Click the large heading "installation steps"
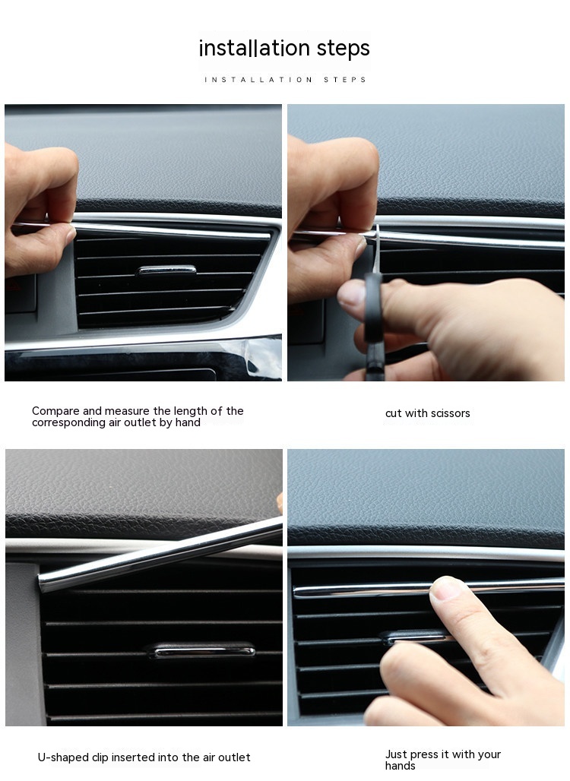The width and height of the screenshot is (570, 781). pyautogui.click(x=284, y=49)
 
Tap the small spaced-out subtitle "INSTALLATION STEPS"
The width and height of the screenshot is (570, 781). pyautogui.click(x=285, y=80)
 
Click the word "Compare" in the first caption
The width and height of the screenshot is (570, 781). pyautogui.click(x=55, y=412)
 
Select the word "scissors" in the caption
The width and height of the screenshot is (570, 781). pyautogui.click(x=449, y=413)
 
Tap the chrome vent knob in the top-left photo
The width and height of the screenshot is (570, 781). pyautogui.click(x=166, y=270)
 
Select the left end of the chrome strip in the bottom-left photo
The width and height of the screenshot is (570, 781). pyautogui.click(x=40, y=583)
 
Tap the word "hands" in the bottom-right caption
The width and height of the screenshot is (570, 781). pyautogui.click(x=400, y=766)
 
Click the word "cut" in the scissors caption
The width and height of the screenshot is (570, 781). pyautogui.click(x=393, y=413)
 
